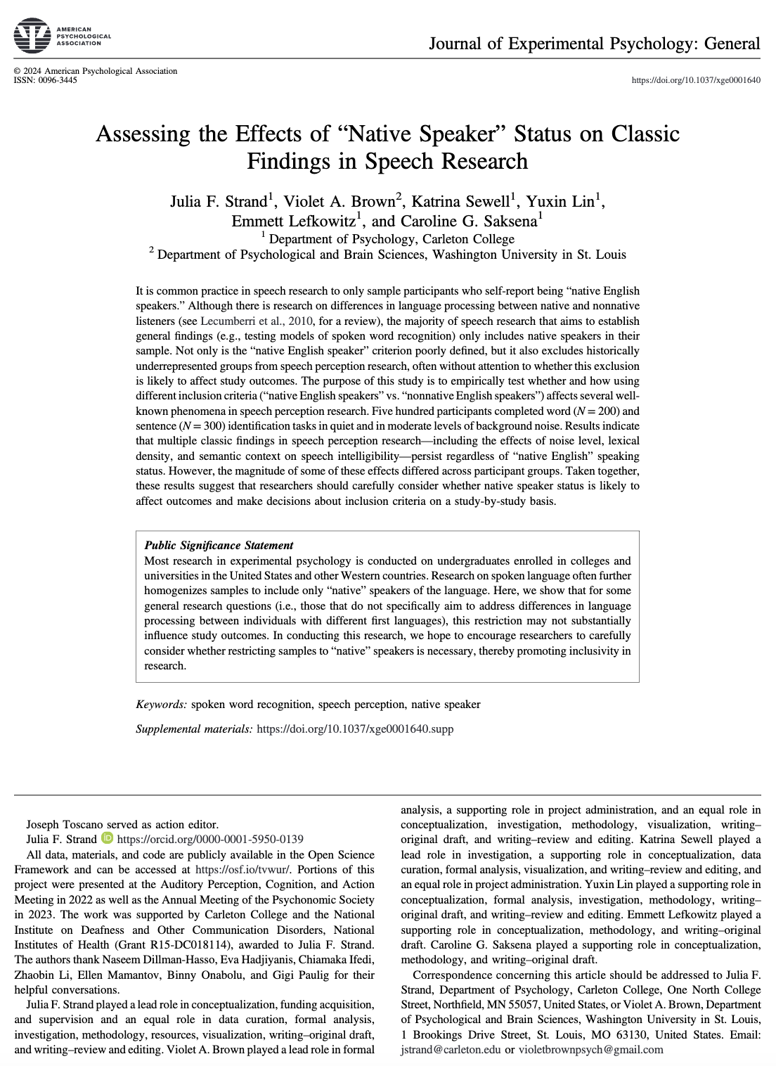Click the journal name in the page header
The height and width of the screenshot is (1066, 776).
coord(594,44)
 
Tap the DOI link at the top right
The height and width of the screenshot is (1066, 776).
coord(696,80)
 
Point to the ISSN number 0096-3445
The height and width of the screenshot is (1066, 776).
coord(58,80)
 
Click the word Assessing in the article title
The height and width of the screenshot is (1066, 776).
coord(143,134)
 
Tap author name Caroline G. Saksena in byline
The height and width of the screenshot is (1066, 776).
coord(469,221)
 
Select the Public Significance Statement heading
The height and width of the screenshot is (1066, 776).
coord(219,546)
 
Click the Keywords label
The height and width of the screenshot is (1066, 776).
coord(161,705)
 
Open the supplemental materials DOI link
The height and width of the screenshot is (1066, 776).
coord(355,729)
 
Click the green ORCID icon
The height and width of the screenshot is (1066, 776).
coord(107,838)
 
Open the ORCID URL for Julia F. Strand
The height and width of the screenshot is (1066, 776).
coord(210,839)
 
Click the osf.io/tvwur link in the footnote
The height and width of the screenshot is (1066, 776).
coord(239,870)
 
